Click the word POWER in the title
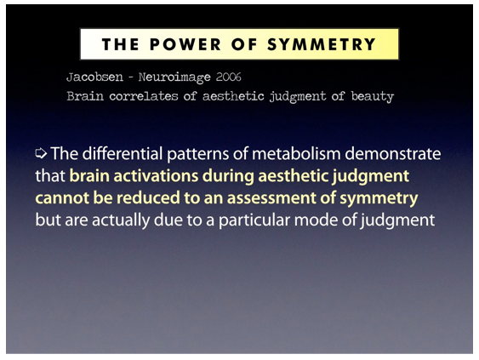click(x=185, y=44)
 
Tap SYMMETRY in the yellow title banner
click(x=322, y=44)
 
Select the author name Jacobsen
click(x=94, y=77)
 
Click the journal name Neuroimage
click(x=174, y=77)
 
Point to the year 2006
click(x=229, y=77)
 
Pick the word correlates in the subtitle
click(x=143, y=96)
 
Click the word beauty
click(x=372, y=97)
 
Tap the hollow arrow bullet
click(x=41, y=153)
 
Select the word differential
click(x=123, y=153)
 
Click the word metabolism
click(x=296, y=153)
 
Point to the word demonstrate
click(x=393, y=153)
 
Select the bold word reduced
click(x=148, y=197)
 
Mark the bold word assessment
click(x=271, y=198)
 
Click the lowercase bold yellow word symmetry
click(x=379, y=198)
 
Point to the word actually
click(x=121, y=220)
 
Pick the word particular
click(x=254, y=220)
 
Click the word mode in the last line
click(x=316, y=220)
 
